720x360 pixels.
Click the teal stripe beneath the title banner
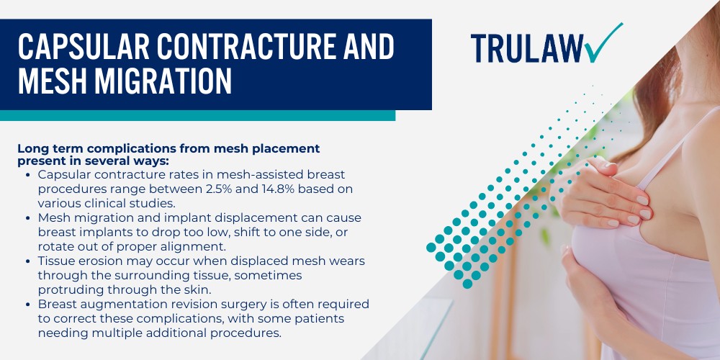[x=197, y=115]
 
